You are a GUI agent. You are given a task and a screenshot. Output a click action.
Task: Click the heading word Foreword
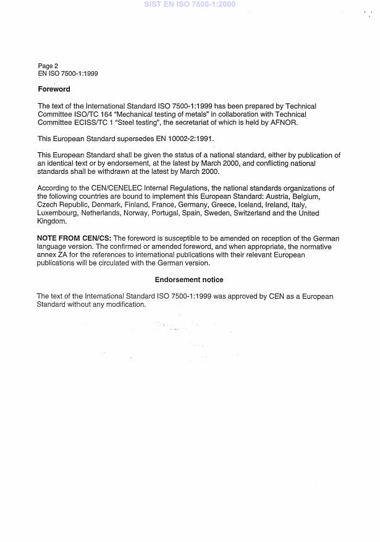(x=54, y=89)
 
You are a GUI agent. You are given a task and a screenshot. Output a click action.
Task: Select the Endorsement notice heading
(x=189, y=280)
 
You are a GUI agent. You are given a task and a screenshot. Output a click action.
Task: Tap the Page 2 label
(x=48, y=66)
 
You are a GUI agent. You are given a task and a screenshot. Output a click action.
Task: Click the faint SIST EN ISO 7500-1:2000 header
(x=190, y=4)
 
